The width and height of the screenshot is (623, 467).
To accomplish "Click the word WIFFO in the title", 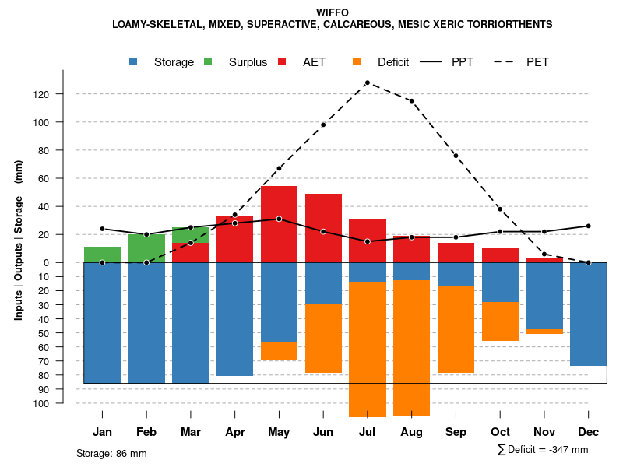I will pos(333,12).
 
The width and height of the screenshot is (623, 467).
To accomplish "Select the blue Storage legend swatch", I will pos(135,61).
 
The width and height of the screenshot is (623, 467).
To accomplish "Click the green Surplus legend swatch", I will pos(208,61).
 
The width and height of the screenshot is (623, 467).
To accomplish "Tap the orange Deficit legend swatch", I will pos(357,61).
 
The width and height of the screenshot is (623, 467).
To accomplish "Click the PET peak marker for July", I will pos(367,83).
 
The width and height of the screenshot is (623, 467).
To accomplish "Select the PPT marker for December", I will pos(588,226).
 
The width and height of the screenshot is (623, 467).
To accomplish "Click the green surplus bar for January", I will pos(102,255).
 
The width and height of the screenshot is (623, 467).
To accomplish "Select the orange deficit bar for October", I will pos(500,321).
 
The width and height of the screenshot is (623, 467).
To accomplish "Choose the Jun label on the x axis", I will pos(323,432).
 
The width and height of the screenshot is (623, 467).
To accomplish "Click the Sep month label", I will pos(456,432).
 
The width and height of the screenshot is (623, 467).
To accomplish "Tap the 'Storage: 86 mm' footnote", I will pos(111,453).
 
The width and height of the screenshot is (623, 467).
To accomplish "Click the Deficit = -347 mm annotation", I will pos(543,450).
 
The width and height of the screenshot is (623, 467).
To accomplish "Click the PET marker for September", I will pos(456,156).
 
